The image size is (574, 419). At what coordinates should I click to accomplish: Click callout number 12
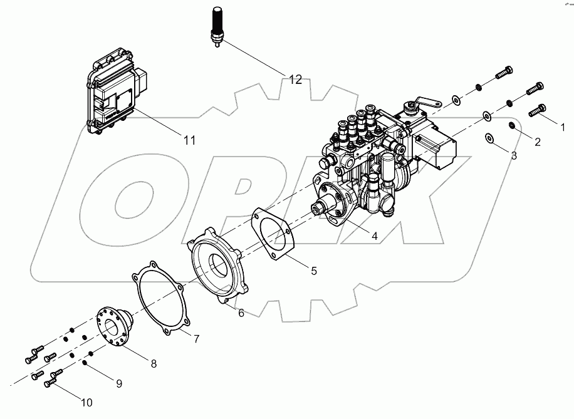click(295, 80)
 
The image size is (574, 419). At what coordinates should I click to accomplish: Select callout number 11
click(189, 141)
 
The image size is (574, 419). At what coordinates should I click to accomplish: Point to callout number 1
click(562, 127)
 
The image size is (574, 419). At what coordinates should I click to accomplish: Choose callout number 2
click(537, 142)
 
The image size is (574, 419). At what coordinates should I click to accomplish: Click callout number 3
click(513, 155)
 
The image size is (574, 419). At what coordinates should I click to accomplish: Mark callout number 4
click(374, 236)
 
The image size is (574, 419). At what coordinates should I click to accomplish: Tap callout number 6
click(241, 313)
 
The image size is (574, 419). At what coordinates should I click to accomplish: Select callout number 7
click(196, 339)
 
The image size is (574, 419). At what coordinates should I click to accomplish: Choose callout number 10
click(86, 402)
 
